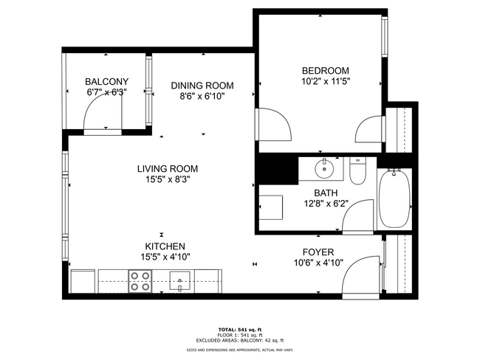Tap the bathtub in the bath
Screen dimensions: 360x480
click(395, 200)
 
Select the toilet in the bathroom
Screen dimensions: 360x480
click(357, 172)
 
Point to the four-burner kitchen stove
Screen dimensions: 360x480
click(140, 281)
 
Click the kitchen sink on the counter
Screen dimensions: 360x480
click(180, 280)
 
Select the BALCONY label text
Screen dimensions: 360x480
click(106, 82)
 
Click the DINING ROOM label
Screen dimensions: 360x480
click(202, 85)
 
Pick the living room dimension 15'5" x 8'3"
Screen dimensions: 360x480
click(168, 179)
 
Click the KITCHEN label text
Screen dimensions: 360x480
click(165, 246)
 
